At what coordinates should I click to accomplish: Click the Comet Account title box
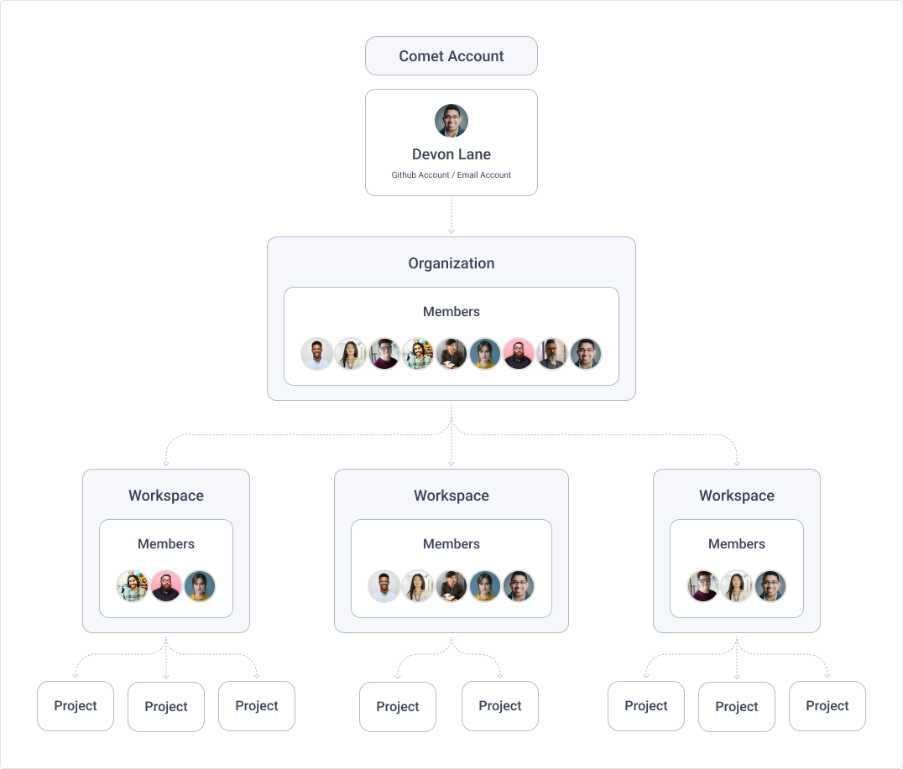pos(451,56)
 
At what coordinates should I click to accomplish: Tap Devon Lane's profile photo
pos(451,121)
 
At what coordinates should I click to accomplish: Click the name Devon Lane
pos(451,154)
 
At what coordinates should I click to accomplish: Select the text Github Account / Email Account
pos(451,175)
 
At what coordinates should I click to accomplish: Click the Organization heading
pos(451,263)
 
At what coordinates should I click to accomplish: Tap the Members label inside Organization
pos(451,312)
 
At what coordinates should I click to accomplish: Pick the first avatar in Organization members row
pos(317,354)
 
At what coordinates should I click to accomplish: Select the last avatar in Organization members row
pos(586,354)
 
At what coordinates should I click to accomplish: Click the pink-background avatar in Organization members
pos(519,354)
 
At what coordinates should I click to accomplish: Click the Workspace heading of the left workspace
pos(166,496)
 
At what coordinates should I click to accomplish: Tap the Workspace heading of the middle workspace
pos(451,496)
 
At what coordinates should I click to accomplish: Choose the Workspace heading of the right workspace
pos(737,496)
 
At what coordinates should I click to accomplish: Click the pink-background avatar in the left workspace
pos(166,586)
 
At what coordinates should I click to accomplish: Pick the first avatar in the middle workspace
pos(384,586)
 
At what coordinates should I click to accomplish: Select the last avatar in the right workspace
pos(770,586)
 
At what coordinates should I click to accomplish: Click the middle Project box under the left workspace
pos(166,707)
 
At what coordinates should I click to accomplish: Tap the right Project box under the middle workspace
pos(500,706)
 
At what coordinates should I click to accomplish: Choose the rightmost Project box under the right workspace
pos(827,706)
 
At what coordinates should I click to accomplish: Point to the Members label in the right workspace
pos(737,544)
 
